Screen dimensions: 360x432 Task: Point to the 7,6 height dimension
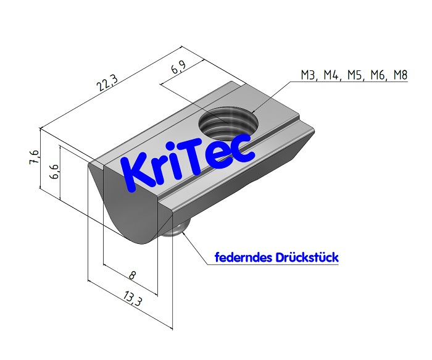(35, 159)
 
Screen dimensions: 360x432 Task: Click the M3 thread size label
(309, 75)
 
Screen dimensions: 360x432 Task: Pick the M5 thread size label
(354, 75)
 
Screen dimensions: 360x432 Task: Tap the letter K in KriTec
(136, 172)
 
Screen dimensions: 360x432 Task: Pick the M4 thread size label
(331, 75)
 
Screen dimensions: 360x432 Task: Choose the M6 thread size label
(376, 75)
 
